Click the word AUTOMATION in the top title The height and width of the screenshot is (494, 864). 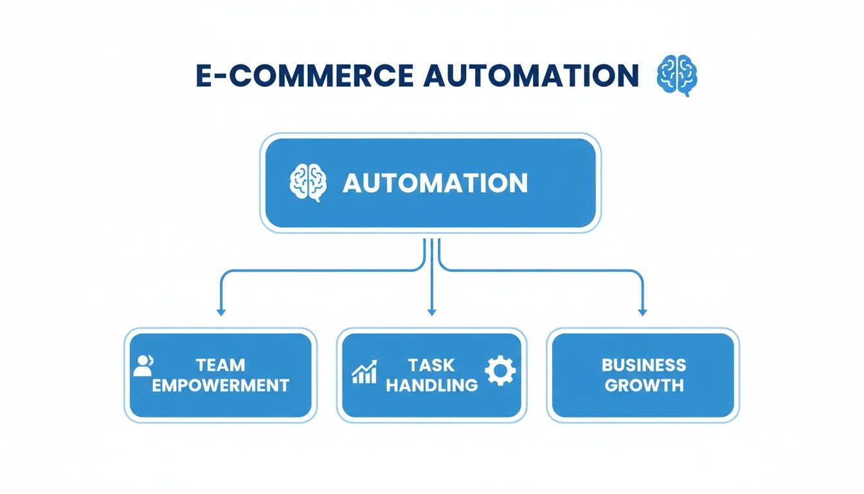(531, 76)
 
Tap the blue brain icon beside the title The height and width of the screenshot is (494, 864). (677, 76)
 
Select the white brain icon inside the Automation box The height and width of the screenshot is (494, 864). (308, 183)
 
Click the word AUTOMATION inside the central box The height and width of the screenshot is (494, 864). (435, 183)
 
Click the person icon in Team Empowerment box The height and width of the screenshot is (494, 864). (143, 366)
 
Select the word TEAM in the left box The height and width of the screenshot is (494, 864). (221, 365)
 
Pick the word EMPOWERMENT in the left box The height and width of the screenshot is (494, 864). (221, 385)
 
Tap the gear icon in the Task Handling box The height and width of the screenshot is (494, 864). (500, 372)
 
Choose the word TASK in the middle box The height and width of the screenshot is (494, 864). (431, 365)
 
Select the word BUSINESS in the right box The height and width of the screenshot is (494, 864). (643, 365)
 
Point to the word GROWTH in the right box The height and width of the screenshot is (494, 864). (643, 385)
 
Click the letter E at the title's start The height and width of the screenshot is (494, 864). (204, 76)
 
